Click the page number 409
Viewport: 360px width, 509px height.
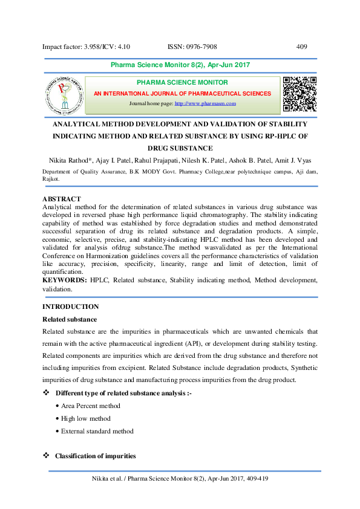[303, 47]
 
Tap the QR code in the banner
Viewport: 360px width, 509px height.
[300, 94]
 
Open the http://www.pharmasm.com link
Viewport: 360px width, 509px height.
[205, 104]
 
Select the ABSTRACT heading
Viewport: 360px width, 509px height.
[62, 199]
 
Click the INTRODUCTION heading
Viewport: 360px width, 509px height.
[71, 306]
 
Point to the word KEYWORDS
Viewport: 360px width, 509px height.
[65, 280]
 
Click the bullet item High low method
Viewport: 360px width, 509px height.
[85, 418]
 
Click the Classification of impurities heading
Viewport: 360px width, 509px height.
[95, 456]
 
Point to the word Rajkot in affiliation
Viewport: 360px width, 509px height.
[53, 179]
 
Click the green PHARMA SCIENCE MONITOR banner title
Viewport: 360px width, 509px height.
[182, 82]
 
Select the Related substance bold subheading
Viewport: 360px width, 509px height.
[70, 319]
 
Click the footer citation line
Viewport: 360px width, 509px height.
[180, 478]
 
